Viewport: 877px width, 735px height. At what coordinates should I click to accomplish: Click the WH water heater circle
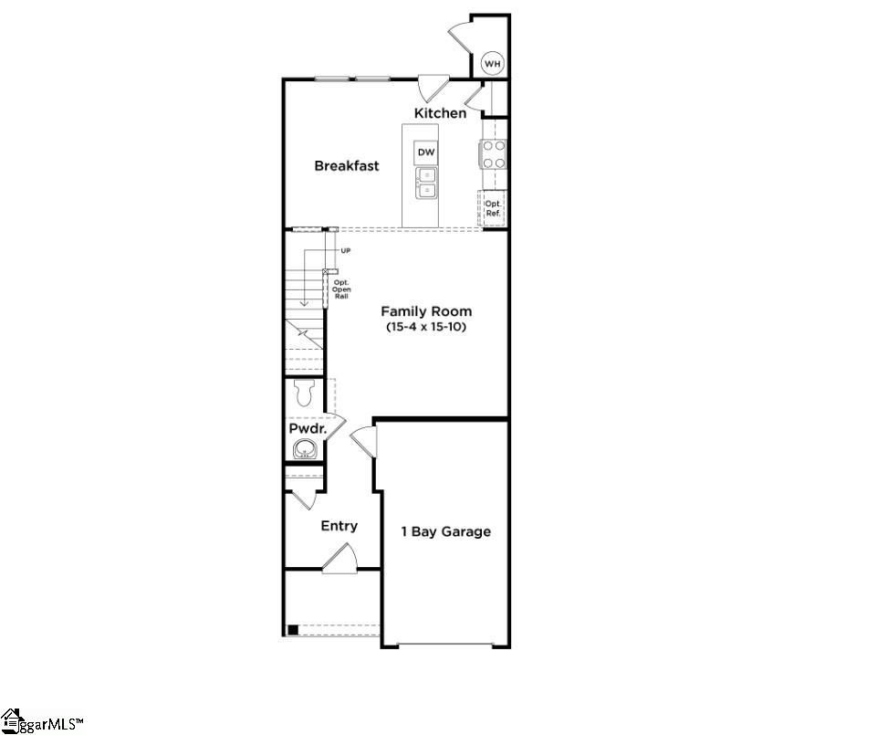[x=493, y=63]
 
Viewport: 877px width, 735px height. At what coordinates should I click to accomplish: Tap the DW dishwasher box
[x=426, y=152]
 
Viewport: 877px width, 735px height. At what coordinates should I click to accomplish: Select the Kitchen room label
[x=440, y=113]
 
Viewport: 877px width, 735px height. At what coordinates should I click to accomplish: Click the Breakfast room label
[x=347, y=166]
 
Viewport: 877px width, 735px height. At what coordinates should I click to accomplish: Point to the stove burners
[x=494, y=154]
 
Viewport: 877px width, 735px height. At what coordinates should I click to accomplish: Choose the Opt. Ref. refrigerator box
[x=493, y=207]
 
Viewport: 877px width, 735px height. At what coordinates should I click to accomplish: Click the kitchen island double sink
[x=426, y=183]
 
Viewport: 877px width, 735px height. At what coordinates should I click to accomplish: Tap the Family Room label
[x=426, y=311]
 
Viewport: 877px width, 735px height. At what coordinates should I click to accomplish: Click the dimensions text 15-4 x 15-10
[x=426, y=326]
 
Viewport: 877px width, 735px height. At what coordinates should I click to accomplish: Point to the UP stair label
[x=346, y=250]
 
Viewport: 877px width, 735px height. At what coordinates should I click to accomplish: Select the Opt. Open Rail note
[x=341, y=289]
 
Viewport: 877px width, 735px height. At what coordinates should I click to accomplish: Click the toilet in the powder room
[x=305, y=394]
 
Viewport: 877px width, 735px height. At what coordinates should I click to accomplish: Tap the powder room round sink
[x=304, y=449]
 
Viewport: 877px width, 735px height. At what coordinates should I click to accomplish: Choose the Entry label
[x=339, y=527]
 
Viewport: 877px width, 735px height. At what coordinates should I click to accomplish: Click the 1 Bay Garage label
[x=446, y=531]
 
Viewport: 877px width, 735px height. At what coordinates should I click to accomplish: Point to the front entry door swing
[x=341, y=559]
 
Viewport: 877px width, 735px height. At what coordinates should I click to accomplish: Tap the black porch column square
[x=292, y=629]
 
